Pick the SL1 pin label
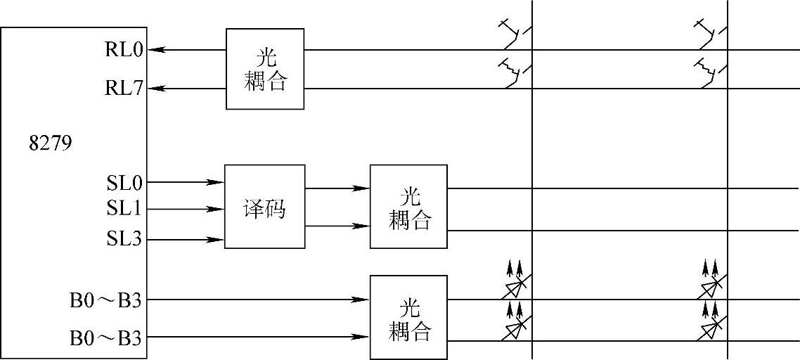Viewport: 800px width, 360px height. [124, 209]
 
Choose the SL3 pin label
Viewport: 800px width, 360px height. [124, 240]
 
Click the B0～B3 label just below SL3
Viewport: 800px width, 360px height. [105, 300]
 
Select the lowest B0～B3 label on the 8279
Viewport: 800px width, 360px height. [105, 337]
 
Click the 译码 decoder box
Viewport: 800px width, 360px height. [264, 207]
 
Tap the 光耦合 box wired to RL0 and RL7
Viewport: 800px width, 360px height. [265, 69]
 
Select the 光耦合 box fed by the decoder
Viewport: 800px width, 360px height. [408, 206]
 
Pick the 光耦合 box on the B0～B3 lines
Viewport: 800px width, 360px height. [408, 317]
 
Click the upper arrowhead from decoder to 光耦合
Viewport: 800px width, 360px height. [362, 188]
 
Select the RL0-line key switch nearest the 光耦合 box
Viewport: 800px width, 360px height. [515, 32]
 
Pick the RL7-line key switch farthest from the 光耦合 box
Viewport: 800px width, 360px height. [711, 71]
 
